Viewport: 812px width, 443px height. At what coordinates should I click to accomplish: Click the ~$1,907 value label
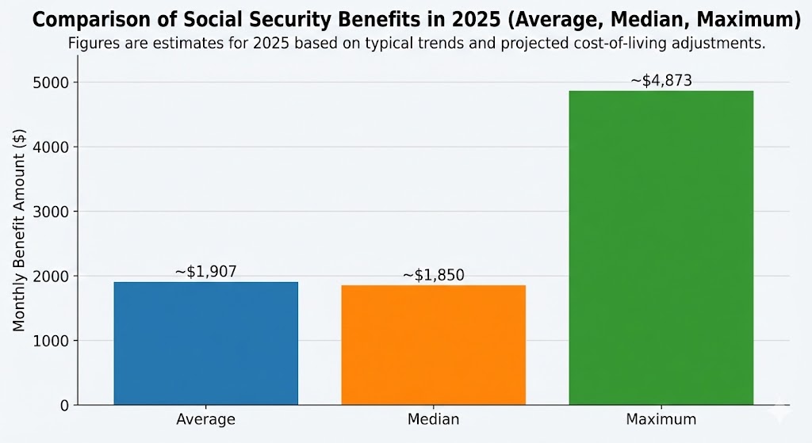coord(205,272)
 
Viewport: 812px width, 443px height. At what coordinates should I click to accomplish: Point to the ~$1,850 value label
coord(433,275)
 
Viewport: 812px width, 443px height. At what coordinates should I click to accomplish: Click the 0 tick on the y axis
coord(65,406)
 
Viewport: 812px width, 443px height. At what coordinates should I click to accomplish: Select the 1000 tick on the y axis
coord(54,341)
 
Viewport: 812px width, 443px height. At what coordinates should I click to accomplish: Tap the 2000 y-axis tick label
coord(54,276)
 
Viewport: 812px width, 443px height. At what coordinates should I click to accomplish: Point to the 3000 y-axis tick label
coord(54,212)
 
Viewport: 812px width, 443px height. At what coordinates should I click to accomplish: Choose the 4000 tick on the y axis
coord(54,147)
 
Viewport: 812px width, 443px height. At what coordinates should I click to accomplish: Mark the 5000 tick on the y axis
coord(54,82)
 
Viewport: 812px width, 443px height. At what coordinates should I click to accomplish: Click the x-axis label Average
coord(206,418)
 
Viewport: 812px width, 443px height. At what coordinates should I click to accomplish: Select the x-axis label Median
coord(433,418)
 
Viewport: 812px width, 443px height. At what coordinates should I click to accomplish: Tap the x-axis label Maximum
coord(661,418)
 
